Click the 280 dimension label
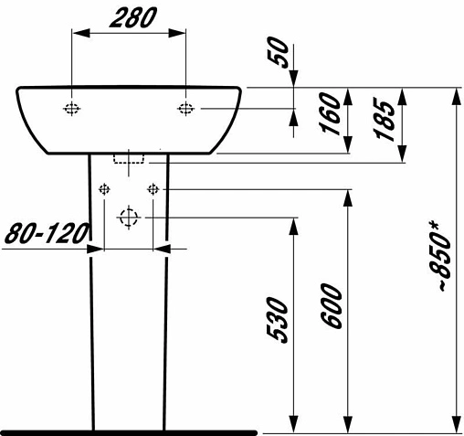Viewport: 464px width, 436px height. [x=128, y=16]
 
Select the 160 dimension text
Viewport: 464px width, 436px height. [x=332, y=113]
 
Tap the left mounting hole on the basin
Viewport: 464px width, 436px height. [x=72, y=109]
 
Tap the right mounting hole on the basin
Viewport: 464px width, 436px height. [x=185, y=109]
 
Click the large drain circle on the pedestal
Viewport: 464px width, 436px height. [x=128, y=218]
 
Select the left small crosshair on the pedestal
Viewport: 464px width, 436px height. [x=104, y=189]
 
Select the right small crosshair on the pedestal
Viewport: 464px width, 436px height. [x=153, y=189]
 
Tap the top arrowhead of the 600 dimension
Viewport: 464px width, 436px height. [x=346, y=197]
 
